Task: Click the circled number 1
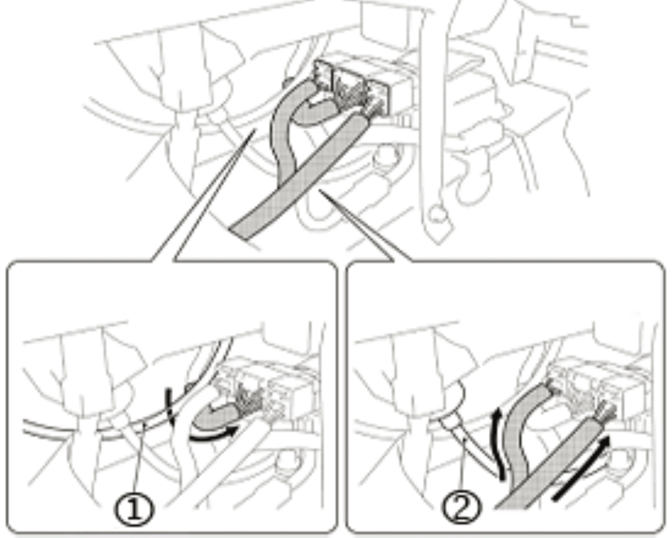coord(134,510)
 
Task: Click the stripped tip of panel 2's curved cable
coord(554,389)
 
